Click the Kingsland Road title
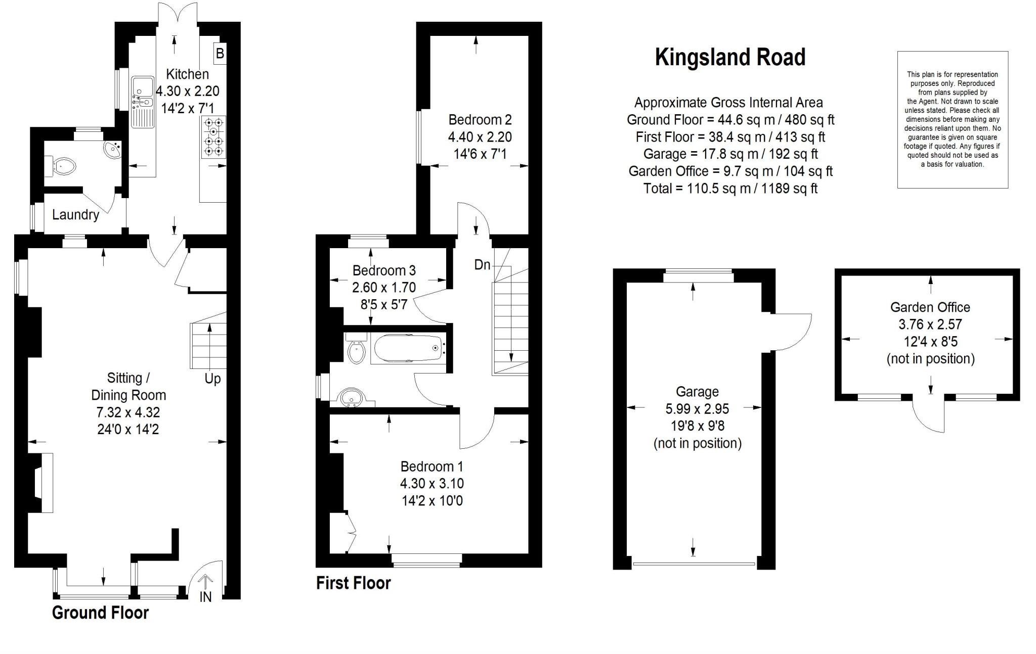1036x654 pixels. [730, 58]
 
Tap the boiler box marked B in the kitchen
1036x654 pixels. [220, 53]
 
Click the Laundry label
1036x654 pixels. [75, 215]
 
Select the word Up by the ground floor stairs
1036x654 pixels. [212, 379]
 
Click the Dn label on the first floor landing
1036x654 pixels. [482, 264]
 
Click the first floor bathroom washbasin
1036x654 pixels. [352, 397]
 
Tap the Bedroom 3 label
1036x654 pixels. [384, 270]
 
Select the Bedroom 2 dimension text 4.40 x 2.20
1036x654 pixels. [480, 137]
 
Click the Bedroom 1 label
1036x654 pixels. [431, 466]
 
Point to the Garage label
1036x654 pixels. [697, 392]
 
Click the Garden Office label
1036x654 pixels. [930, 307]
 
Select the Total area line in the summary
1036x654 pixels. [730, 189]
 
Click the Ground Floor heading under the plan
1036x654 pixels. [100, 613]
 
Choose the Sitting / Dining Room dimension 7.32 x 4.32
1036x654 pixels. [128, 412]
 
